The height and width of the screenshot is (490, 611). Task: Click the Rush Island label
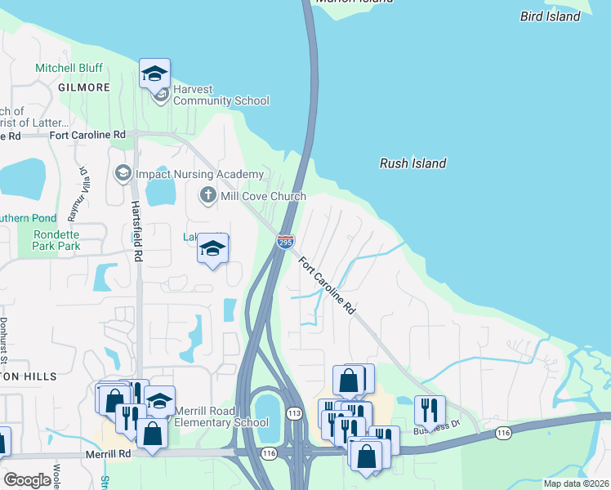(413, 163)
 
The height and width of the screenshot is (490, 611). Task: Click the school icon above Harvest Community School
(154, 73)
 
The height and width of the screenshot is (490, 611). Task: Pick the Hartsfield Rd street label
(136, 231)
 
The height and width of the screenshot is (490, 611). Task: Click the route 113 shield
(295, 414)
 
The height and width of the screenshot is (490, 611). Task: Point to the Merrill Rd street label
(108, 452)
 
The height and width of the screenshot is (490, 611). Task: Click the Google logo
(28, 480)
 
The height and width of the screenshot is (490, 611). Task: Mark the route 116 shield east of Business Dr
(502, 434)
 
